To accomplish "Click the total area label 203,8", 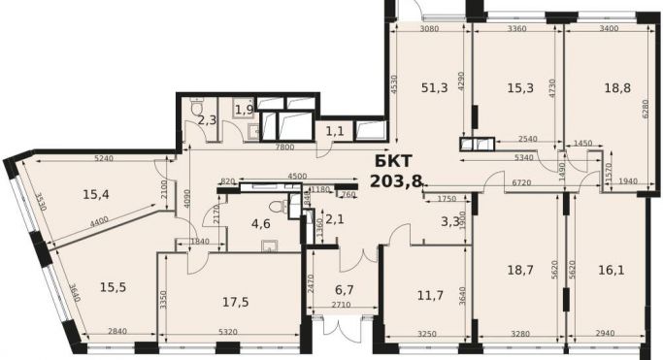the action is point(396,181).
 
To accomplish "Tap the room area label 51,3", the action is point(434,88).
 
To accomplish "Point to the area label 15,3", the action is point(520,88).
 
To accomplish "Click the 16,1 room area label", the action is point(612,270).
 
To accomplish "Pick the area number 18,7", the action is point(520,270).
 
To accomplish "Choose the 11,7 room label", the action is point(430,295).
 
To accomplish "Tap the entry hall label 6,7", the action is point(345,290).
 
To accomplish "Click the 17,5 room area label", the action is point(236,302).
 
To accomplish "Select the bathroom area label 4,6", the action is point(261,223).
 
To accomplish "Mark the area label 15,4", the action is point(96,195).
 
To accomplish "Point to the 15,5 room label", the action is point(113,287).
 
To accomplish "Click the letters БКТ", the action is point(393,161).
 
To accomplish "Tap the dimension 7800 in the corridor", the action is point(284,147).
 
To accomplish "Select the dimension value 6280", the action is point(645,109).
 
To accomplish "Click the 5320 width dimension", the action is point(228,332).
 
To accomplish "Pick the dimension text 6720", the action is point(521,182).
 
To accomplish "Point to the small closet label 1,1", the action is point(335,132).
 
